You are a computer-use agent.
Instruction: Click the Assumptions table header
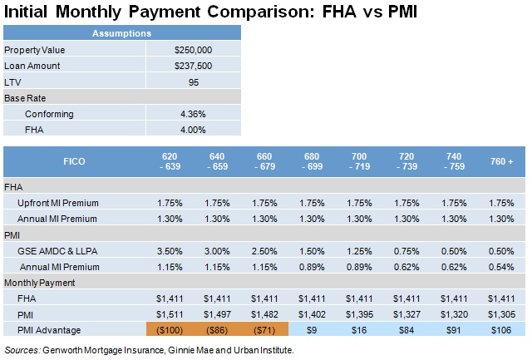click(x=121, y=34)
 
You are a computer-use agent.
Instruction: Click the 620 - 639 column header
click(x=170, y=160)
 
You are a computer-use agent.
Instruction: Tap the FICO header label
click(x=74, y=160)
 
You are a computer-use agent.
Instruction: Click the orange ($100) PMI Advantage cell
click(x=170, y=330)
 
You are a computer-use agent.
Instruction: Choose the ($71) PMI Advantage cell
click(x=264, y=330)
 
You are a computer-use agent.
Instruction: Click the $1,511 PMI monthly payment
click(x=170, y=314)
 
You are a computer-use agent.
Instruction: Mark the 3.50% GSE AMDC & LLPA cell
click(x=170, y=251)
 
